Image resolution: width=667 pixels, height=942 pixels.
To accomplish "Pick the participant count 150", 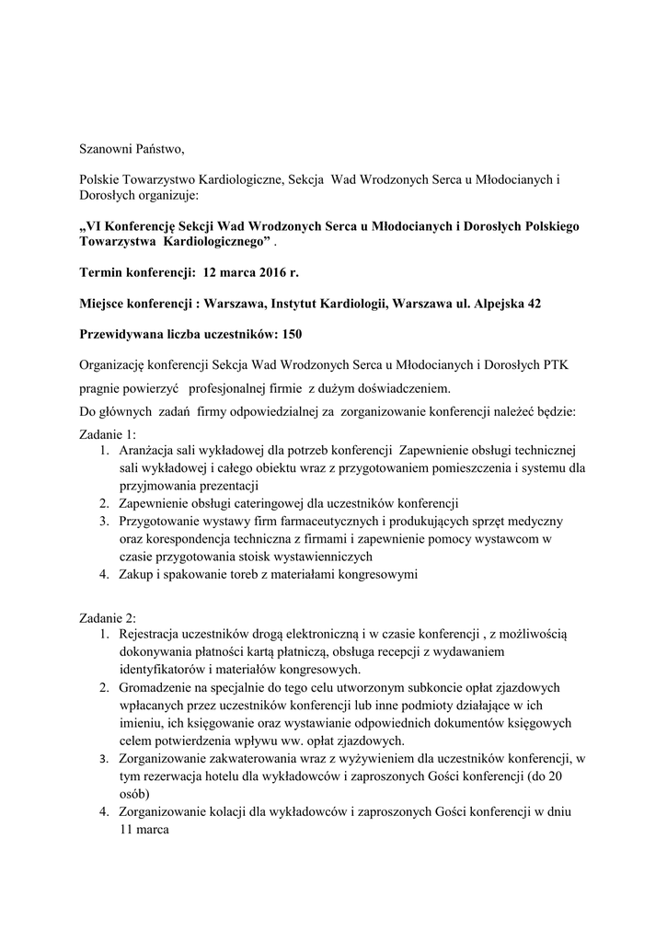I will tap(292, 333).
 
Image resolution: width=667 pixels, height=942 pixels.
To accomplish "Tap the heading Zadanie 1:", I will tap(107, 433).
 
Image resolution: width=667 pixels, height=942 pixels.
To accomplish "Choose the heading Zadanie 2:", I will tap(107, 617).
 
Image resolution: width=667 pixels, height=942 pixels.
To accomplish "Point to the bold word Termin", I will tap(104, 272).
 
